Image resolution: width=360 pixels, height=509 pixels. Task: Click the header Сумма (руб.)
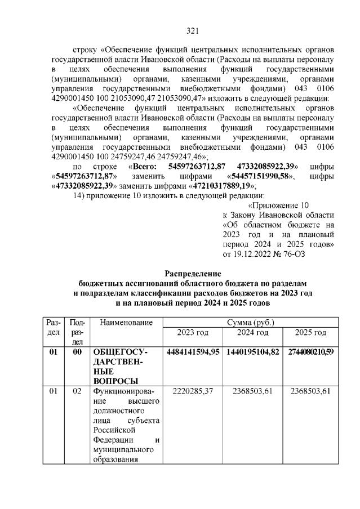(x=250, y=323)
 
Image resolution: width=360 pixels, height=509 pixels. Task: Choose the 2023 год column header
(x=192, y=332)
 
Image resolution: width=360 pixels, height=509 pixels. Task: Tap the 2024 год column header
(x=251, y=332)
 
